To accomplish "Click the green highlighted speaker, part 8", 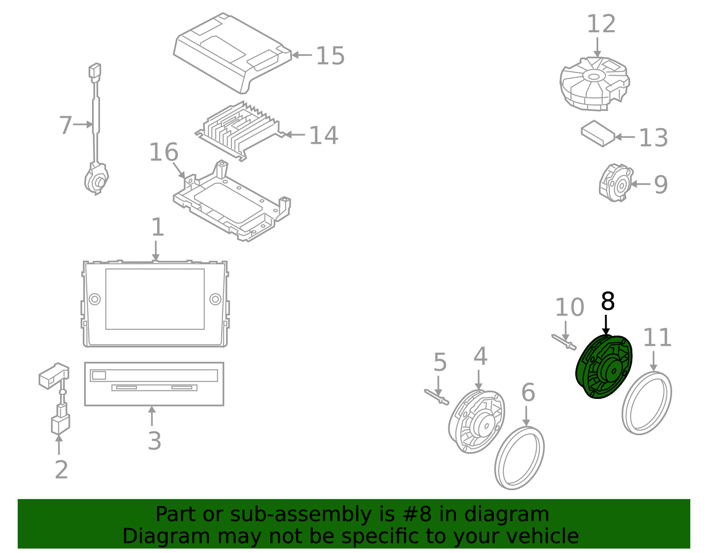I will coord(604,367).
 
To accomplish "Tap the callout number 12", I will coord(601,24).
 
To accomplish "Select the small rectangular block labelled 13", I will coord(598,133).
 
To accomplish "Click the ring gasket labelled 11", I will coord(646,403).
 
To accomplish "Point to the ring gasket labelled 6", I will coord(519,458).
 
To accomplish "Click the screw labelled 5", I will coord(437,397).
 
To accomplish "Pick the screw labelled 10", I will coord(564,341).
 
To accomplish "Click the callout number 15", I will coord(330,56).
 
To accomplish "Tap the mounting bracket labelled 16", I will coord(232,203).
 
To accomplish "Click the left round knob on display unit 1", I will coord(95,299).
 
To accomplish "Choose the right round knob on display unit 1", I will coord(215,299).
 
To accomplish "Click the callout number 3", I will coord(154,441).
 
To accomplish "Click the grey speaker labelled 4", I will coord(477,422).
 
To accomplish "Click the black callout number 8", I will coord(608,302).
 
